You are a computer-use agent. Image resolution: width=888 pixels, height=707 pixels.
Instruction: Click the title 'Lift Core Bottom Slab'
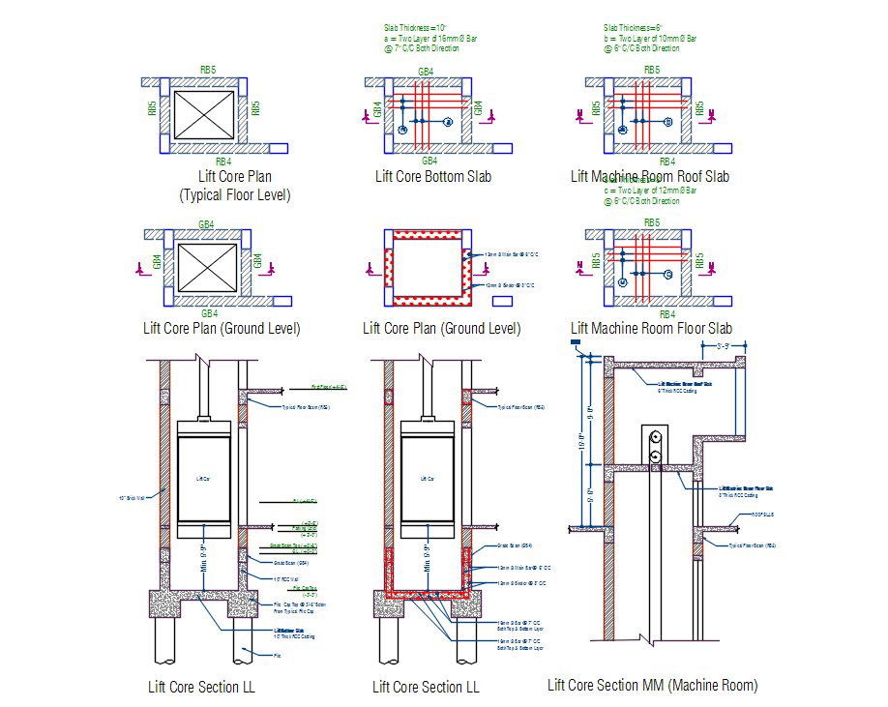pos(432,177)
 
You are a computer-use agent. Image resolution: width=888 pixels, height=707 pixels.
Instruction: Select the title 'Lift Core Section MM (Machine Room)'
pos(652,686)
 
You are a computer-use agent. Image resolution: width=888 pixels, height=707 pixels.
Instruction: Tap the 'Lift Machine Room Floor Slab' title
pos(650,329)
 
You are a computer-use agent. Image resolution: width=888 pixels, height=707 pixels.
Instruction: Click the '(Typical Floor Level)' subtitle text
pos(235,195)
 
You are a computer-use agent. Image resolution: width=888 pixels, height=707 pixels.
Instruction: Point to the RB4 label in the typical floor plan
pos(222,162)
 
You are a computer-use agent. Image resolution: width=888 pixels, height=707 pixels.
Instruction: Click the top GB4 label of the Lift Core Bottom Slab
pos(426,72)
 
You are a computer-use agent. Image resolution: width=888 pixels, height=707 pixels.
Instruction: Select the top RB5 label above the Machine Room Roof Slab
pos(652,70)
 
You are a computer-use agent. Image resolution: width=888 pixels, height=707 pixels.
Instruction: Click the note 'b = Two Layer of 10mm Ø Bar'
pos(649,39)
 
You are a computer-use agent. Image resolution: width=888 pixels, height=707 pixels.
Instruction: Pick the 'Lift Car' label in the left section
pos(202,479)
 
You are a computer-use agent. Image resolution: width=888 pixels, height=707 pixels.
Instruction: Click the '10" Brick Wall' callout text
pos(130,499)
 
